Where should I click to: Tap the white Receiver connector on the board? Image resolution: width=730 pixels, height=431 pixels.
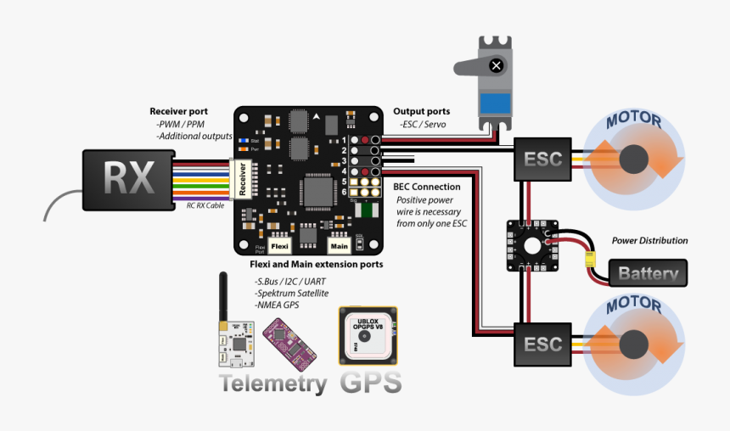tap(242, 179)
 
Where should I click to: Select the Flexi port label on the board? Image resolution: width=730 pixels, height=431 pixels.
tap(280, 246)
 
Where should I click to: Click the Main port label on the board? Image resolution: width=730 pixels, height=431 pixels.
tap(340, 246)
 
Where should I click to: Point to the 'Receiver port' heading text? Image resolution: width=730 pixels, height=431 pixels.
tap(190, 111)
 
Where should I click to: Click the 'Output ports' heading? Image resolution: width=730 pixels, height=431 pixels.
tap(421, 111)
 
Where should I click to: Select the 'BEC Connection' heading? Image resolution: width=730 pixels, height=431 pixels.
tap(427, 187)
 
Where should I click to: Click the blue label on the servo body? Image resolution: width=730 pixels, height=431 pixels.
tap(496, 104)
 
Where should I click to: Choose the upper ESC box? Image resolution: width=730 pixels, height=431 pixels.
tap(542, 159)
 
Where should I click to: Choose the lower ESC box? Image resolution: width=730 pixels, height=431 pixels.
tap(542, 344)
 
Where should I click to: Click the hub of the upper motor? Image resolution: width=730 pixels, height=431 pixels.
tap(636, 159)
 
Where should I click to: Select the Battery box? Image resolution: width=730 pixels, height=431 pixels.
tap(648, 273)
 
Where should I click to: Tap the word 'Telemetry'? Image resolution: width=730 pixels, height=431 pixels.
tap(273, 383)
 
